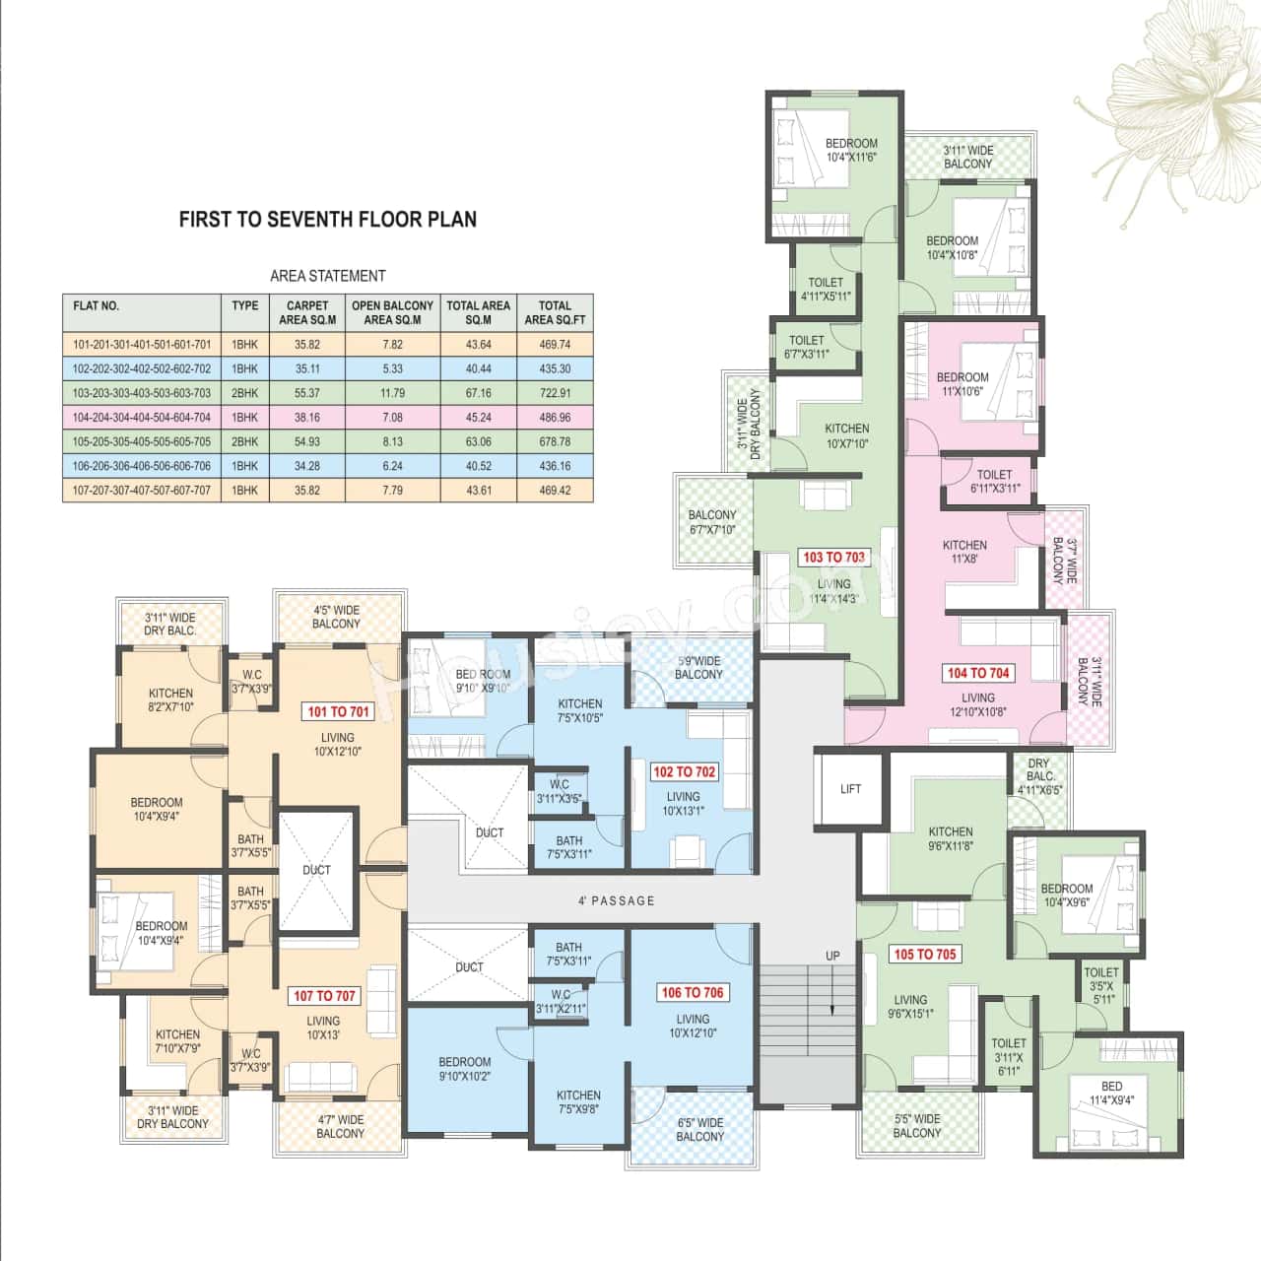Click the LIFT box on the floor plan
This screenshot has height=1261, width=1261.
(850, 788)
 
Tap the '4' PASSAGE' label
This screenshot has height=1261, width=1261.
(616, 900)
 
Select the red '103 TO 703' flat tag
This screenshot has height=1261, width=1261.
(833, 558)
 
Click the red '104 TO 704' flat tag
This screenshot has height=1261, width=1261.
(978, 673)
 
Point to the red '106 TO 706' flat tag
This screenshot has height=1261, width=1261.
(693, 993)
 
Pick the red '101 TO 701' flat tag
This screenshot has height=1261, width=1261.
(338, 711)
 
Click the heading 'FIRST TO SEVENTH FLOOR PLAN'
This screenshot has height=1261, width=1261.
(327, 219)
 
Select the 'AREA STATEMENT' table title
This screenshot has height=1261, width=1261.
(327, 276)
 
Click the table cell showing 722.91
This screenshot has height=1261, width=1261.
(555, 393)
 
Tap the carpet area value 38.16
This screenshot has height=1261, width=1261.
(307, 418)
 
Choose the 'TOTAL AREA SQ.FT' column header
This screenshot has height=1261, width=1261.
(555, 312)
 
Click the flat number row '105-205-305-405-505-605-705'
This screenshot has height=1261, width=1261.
(141, 442)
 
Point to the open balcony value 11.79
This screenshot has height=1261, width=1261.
(392, 393)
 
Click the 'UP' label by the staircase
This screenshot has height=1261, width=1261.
(832, 956)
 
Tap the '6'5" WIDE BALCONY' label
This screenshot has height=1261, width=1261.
(699, 1129)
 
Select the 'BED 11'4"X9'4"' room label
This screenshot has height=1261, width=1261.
(1111, 1093)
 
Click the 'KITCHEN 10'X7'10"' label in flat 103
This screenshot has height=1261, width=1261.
(846, 435)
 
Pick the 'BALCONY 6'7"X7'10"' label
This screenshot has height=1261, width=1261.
(711, 522)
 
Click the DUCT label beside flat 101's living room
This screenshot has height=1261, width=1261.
(316, 870)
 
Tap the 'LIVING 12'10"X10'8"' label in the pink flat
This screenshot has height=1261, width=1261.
(977, 704)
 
